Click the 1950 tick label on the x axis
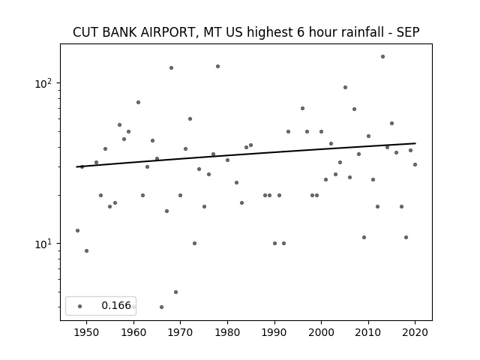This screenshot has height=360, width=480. pos(87,332)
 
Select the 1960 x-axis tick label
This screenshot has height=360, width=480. pos(133,332)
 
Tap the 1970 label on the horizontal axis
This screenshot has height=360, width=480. pos(181,332)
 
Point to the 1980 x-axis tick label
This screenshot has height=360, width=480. pos(227,332)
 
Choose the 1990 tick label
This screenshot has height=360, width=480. pos(274,332)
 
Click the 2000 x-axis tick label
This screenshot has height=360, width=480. pos(322,332)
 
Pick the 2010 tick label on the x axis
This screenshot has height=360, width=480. pos(368,332)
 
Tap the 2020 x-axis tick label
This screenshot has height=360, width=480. pos(415,332)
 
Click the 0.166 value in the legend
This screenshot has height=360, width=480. pos(116,305)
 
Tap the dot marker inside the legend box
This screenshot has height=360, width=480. pos(80,306)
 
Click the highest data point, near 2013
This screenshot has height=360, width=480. pos(382,57)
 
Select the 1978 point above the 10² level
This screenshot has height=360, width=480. pos(218,67)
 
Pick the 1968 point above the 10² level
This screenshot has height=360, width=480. pos(172,68)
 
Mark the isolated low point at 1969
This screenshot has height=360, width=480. pos(175,292)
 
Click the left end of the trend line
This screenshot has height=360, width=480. pos(76,166)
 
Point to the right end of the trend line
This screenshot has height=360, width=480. pos(415,143)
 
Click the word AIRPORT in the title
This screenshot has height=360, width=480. pos(166,32)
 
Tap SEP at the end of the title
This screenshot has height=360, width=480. pos(408,32)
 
